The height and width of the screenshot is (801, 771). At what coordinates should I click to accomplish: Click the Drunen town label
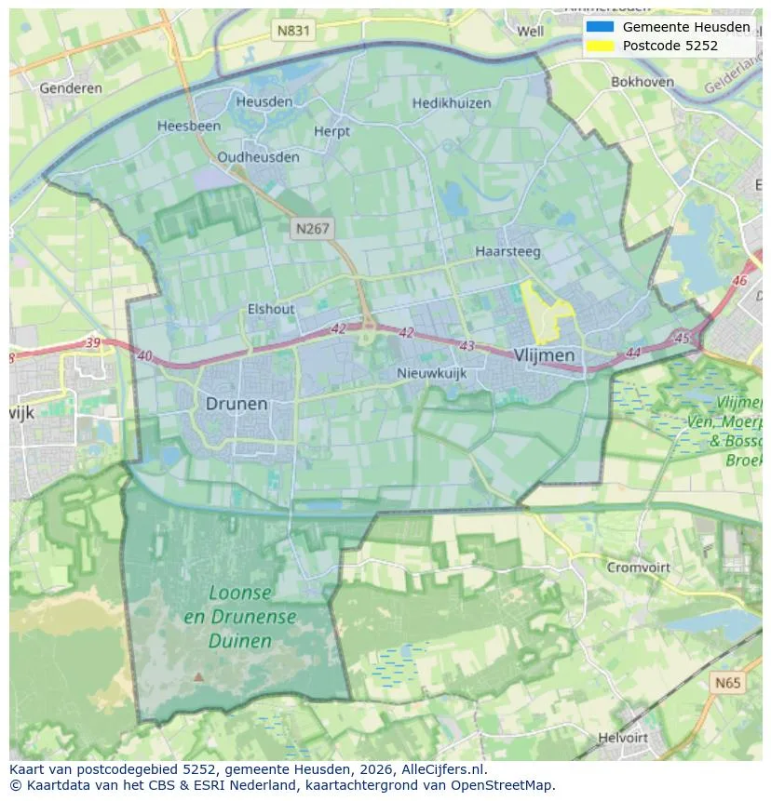(x=236, y=404)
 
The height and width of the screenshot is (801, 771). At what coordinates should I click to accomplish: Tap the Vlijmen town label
(x=544, y=355)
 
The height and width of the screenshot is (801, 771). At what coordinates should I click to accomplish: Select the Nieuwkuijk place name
(x=431, y=373)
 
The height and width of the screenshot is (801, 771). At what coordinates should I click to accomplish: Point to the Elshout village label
(x=271, y=309)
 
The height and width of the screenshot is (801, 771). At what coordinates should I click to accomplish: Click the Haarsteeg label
(x=508, y=251)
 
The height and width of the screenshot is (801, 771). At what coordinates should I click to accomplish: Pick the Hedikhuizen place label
(x=452, y=103)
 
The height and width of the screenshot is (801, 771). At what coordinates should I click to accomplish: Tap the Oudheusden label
(x=256, y=156)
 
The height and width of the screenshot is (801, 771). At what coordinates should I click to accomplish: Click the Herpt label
(x=332, y=132)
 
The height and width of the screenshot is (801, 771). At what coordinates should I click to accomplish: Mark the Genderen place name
(x=71, y=88)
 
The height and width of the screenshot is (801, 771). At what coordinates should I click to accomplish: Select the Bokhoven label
(x=642, y=82)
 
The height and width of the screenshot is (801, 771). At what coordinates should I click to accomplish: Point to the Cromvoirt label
(x=640, y=567)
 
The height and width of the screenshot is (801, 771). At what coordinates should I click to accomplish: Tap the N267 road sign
(x=313, y=228)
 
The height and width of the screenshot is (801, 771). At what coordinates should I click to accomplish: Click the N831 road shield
(x=294, y=31)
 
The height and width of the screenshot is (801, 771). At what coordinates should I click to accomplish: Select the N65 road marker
(x=728, y=683)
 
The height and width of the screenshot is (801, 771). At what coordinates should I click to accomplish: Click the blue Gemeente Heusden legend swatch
(x=600, y=27)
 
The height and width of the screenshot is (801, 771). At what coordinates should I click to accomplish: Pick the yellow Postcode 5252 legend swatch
(x=600, y=46)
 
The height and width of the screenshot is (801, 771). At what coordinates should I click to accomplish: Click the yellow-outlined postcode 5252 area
(x=544, y=312)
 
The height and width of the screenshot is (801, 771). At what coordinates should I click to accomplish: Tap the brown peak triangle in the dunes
(x=197, y=677)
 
